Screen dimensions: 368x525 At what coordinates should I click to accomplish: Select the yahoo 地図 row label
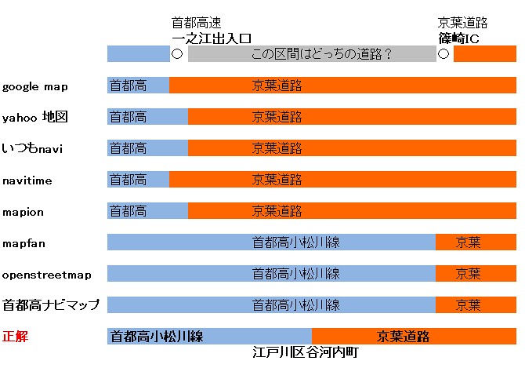(x=35, y=118)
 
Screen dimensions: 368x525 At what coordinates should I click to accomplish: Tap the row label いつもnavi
(x=32, y=149)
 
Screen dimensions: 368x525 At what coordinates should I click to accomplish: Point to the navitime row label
(x=27, y=180)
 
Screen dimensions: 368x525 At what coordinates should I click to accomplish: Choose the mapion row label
(x=24, y=212)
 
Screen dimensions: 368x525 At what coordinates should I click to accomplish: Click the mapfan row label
(x=24, y=243)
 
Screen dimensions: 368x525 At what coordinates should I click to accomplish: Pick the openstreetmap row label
(x=46, y=275)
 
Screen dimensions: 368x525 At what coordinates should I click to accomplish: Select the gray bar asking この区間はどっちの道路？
(x=312, y=54)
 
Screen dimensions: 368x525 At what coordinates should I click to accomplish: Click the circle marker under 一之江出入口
(x=177, y=54)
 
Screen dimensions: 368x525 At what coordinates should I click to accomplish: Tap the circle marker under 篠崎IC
(x=444, y=54)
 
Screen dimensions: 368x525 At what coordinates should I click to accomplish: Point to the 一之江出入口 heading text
(x=212, y=37)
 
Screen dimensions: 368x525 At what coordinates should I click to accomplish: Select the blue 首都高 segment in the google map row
(x=138, y=86)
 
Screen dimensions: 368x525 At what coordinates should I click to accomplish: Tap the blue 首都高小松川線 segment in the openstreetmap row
(x=271, y=274)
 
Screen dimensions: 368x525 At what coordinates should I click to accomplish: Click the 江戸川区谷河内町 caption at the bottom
(x=306, y=352)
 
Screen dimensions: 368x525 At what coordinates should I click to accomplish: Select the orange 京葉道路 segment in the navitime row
(x=342, y=180)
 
